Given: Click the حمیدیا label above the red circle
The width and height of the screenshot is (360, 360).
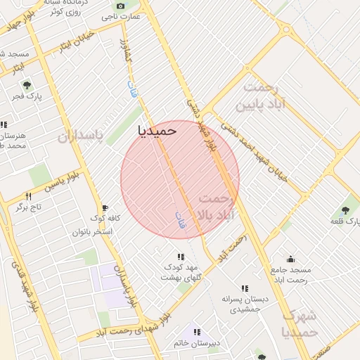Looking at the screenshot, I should (x=157, y=130).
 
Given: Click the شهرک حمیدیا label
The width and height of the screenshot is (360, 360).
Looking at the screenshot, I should (x=299, y=324).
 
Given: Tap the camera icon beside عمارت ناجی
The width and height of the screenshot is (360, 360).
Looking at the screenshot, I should (x=121, y=6).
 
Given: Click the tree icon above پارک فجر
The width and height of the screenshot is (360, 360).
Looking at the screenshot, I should (x=27, y=85).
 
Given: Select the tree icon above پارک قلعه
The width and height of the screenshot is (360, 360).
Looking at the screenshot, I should (x=345, y=210).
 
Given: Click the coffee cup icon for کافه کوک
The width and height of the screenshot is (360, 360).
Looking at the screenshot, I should (x=105, y=208).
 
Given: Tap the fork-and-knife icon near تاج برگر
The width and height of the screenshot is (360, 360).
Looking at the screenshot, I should (x=29, y=196).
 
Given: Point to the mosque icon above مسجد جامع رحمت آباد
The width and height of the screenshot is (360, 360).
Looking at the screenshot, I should (x=290, y=259).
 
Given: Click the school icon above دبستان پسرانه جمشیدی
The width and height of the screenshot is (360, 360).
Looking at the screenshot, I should (x=244, y=288).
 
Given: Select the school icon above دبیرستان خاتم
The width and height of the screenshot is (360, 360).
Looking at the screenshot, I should (x=197, y=332).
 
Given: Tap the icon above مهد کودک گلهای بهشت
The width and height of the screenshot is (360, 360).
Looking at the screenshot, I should (x=181, y=257).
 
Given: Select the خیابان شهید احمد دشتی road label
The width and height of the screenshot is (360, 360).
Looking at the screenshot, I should (x=255, y=151).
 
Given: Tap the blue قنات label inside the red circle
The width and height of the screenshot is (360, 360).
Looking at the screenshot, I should (x=179, y=219).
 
